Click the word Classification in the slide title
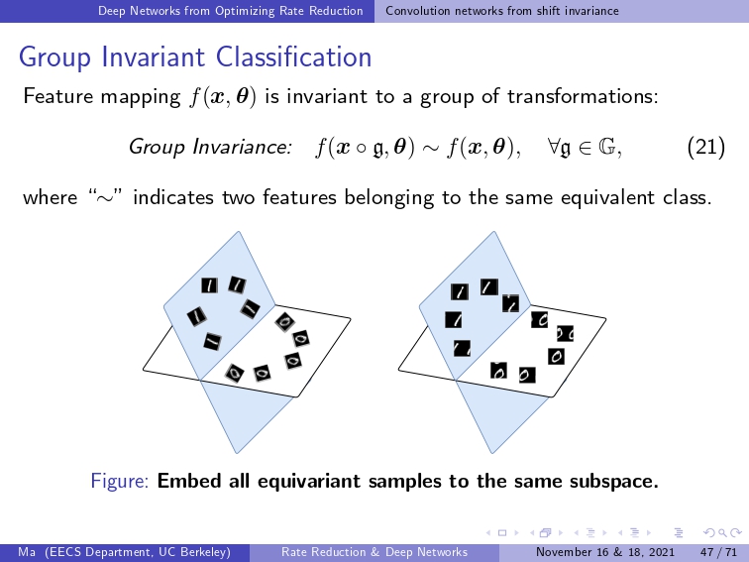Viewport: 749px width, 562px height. [x=293, y=56]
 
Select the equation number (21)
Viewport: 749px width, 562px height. [x=706, y=147]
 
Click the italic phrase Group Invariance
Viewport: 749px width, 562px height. [x=210, y=147]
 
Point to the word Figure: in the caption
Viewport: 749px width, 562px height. [x=120, y=481]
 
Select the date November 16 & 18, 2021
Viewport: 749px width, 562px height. [x=605, y=552]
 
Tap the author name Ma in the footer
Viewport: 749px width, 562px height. [x=27, y=552]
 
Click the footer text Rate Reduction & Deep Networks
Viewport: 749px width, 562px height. [x=374, y=552]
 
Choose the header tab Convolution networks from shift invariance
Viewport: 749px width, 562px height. [x=502, y=11]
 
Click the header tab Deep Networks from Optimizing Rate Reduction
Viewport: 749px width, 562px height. [x=230, y=11]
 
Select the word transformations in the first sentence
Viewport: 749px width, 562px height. [x=583, y=96]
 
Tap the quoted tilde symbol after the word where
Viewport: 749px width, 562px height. [x=106, y=196]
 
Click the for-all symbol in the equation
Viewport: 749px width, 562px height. [x=554, y=146]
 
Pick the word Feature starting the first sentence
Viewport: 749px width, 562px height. [x=58, y=96]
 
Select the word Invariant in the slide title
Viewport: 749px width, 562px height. [x=154, y=56]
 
